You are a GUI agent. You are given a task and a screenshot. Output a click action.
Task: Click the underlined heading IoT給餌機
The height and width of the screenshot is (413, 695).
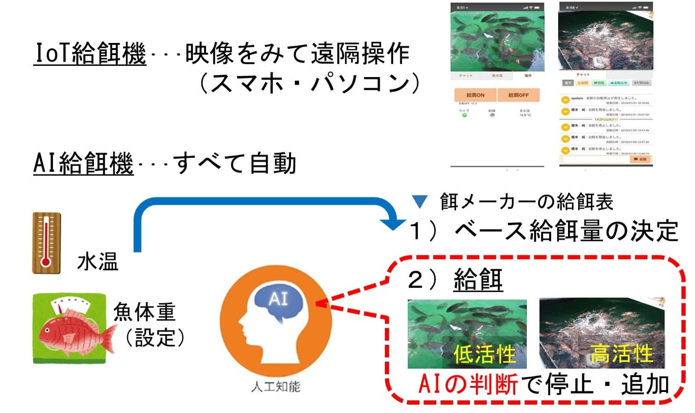tap(90, 54)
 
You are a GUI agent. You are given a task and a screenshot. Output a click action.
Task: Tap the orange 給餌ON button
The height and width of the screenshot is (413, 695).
tap(475, 95)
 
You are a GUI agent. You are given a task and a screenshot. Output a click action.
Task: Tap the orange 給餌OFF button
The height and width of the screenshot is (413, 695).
tap(518, 95)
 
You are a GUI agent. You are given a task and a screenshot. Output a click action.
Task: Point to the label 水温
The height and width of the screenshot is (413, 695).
tap(98, 262)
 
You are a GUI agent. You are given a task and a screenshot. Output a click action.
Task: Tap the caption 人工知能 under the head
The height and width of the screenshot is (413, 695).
tap(276, 386)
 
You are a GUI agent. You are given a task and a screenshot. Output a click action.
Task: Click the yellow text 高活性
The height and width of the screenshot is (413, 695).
tap(621, 353)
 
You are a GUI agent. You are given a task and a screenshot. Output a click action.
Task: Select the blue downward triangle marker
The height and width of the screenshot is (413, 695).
tap(420, 202)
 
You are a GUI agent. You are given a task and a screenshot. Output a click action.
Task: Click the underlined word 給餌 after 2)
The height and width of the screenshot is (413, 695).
tap(478, 280)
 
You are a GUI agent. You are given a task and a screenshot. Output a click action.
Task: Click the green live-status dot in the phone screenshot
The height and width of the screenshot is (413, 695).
tap(464, 115)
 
